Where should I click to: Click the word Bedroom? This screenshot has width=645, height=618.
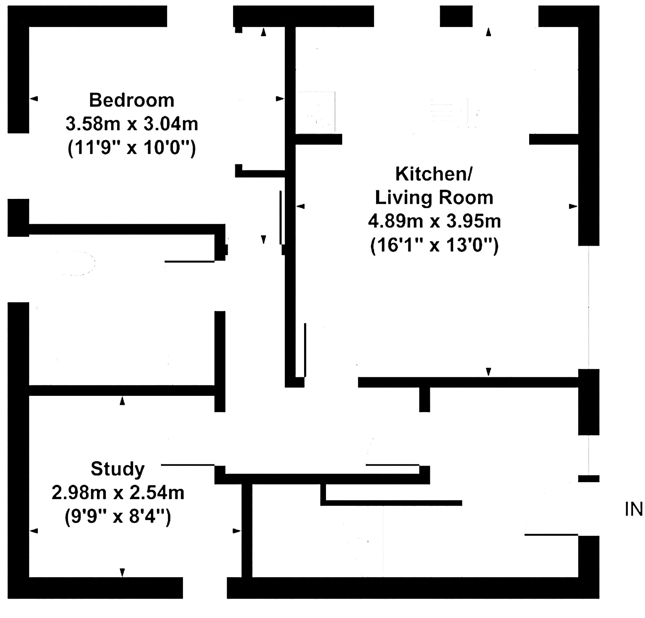[x=132, y=100]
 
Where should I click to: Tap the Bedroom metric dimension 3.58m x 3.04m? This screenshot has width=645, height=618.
[x=132, y=124]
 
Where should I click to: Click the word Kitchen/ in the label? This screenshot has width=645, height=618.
[x=433, y=174]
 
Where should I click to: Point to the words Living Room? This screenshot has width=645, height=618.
[x=434, y=198]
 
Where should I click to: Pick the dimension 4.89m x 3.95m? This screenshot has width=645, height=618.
[x=434, y=221]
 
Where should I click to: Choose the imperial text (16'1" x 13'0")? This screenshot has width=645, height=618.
[x=434, y=245]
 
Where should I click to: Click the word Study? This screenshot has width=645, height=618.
[x=118, y=469]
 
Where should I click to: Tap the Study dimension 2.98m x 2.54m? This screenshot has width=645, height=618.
[x=118, y=492]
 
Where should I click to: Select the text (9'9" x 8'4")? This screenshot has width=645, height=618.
[x=118, y=516]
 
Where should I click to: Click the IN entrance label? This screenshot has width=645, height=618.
[x=633, y=509]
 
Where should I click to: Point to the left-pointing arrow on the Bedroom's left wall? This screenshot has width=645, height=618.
[x=34, y=99]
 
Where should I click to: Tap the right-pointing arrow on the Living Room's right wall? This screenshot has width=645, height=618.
[x=574, y=206]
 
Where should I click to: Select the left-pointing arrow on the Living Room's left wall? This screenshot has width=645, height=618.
[x=300, y=206]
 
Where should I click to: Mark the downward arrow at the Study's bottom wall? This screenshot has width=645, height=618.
[x=122, y=573]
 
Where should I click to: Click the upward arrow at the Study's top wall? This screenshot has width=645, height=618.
[x=122, y=401]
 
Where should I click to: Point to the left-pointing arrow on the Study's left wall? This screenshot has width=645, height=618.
[x=34, y=531]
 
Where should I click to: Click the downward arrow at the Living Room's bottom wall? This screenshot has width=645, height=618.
[x=488, y=372]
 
